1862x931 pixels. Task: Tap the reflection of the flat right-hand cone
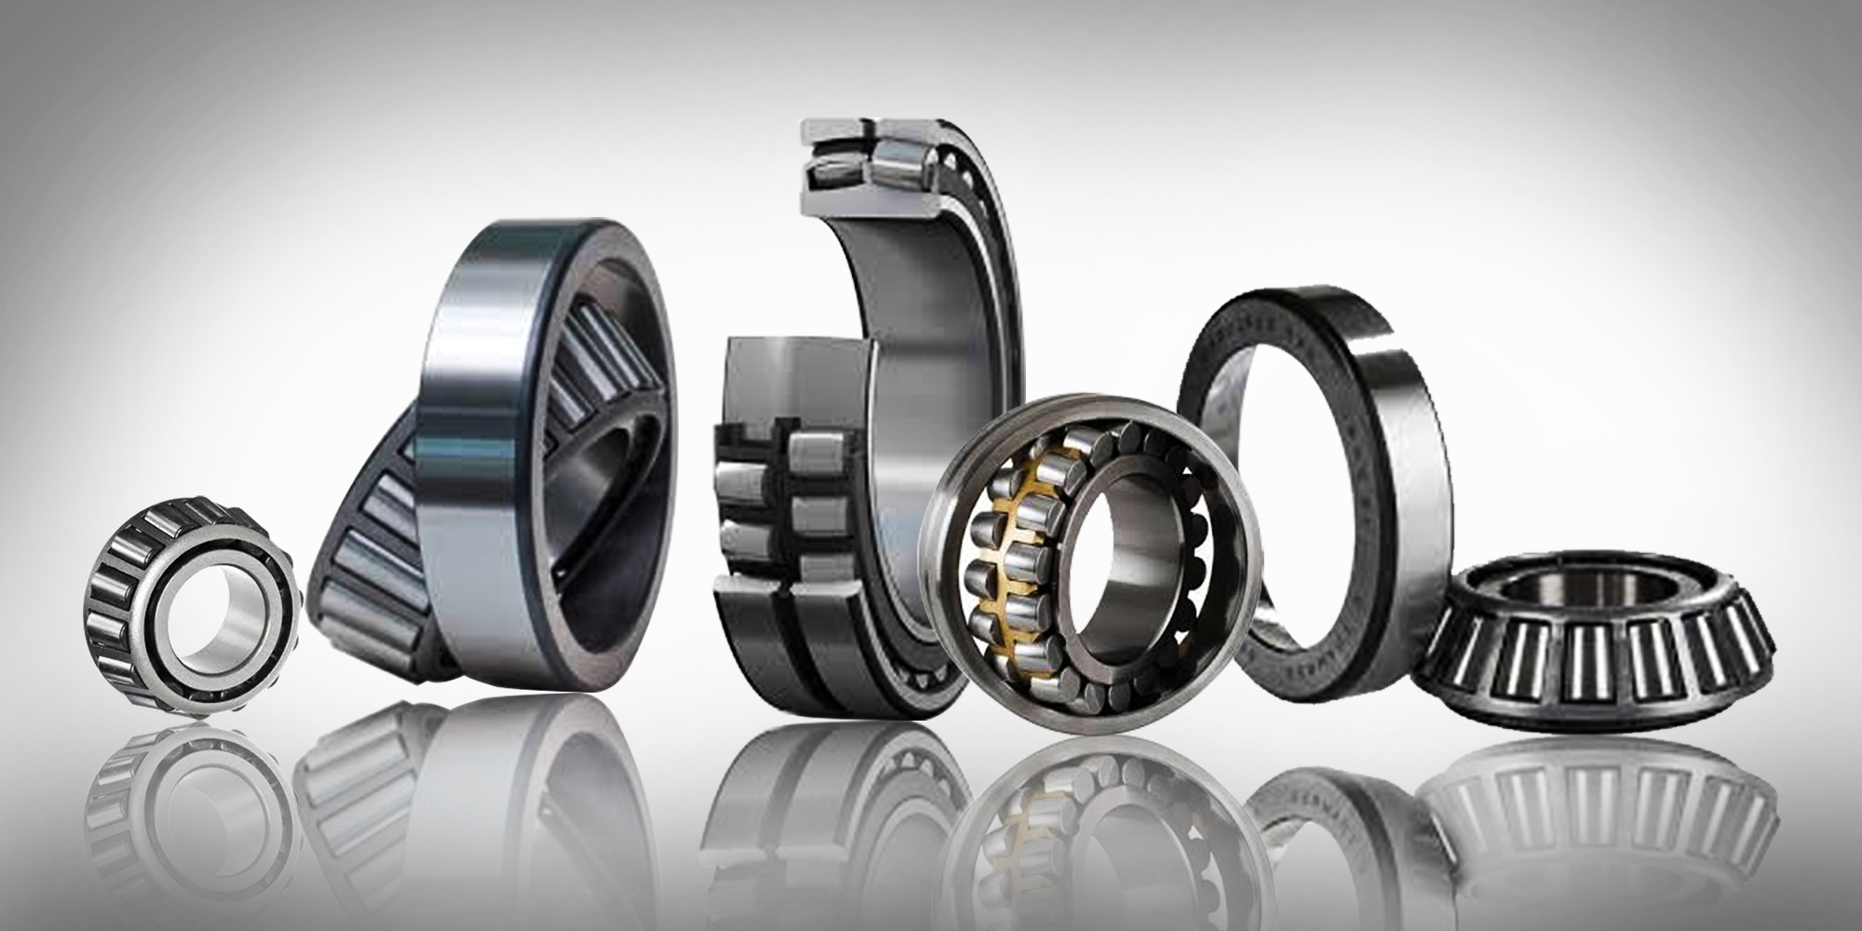1601,801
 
